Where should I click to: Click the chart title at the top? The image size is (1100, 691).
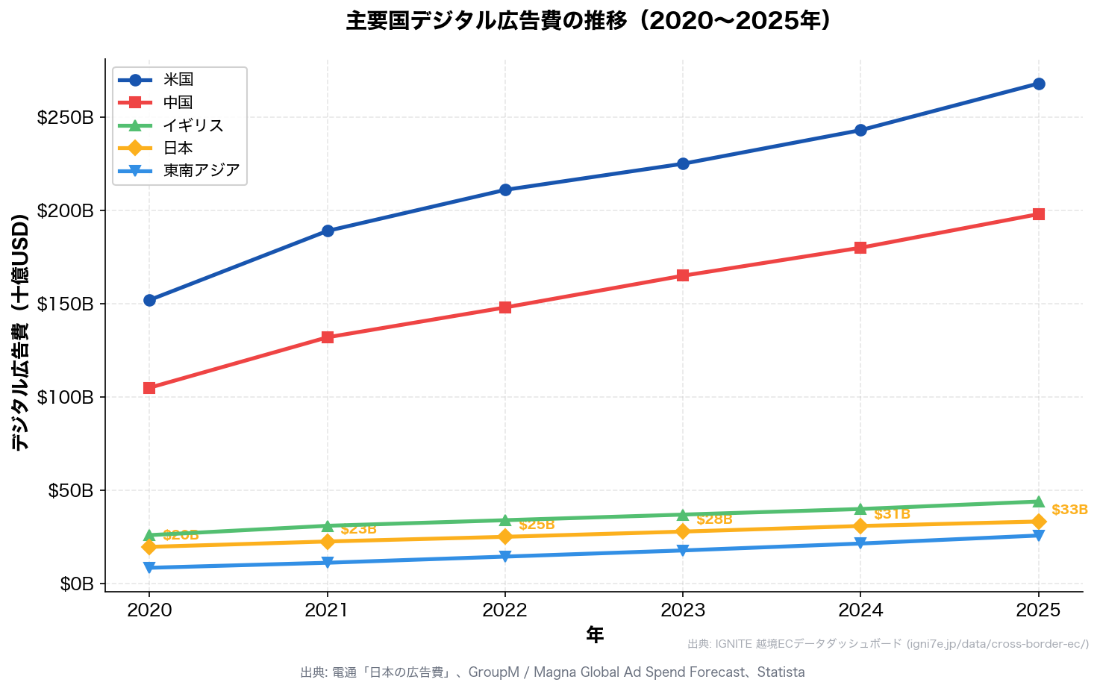tap(588, 21)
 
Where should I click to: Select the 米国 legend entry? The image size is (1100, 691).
tap(178, 80)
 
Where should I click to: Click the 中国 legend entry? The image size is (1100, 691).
tap(178, 102)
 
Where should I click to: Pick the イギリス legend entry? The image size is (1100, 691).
tap(193, 125)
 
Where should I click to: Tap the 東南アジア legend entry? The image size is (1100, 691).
tap(201, 171)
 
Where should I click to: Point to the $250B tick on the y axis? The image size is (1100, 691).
tap(66, 118)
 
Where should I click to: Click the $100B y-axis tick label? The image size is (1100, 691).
tap(66, 397)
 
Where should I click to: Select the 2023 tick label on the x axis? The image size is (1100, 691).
tap(683, 610)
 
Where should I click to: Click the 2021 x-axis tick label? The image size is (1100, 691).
tap(327, 610)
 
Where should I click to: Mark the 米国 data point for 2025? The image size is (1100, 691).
tap(1038, 84)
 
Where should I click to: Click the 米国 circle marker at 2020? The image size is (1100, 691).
tap(149, 300)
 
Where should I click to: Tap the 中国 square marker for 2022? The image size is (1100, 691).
tap(505, 307)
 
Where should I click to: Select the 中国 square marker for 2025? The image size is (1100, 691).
tap(1038, 214)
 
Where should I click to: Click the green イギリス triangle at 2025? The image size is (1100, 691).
tap(1038, 501)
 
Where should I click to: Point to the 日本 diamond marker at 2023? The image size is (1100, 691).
tap(683, 531)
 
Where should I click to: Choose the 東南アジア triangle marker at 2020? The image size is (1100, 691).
tap(149, 568)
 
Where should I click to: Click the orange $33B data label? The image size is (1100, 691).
tap(1069, 510)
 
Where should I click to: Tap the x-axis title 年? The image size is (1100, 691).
tap(594, 635)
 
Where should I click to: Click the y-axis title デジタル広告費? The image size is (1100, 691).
tap(20, 332)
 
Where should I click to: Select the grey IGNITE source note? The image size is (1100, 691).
tap(887, 644)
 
